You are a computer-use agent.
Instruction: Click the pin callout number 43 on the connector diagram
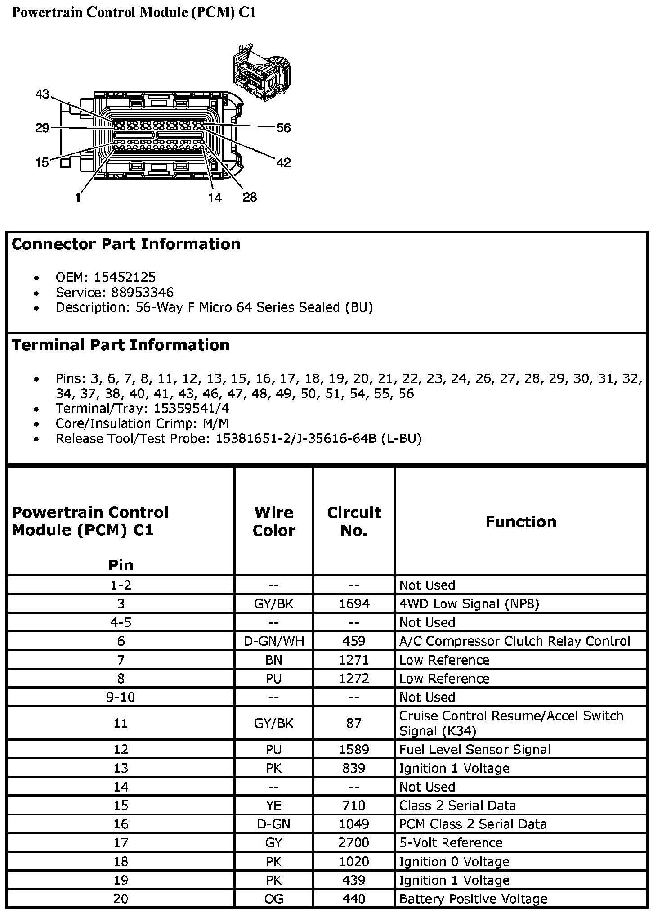point(42,94)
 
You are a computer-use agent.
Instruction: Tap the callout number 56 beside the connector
point(284,128)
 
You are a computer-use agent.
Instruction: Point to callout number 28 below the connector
point(250,197)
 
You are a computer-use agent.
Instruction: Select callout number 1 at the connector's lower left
point(78,197)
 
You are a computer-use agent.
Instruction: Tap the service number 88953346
point(142,292)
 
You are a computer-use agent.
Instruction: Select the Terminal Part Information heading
point(121,345)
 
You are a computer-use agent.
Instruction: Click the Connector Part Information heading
point(126,244)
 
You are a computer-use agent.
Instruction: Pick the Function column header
point(521,522)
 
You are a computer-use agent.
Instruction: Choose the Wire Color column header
point(273,522)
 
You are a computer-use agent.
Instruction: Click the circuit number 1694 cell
point(354,603)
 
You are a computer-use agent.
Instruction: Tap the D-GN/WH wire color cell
point(273,641)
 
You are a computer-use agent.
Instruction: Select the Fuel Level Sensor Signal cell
point(474,749)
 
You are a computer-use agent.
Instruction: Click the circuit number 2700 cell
point(354,842)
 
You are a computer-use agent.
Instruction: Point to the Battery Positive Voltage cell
point(473,899)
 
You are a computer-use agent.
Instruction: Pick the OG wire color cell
point(273,899)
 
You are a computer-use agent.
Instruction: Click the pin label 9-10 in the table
point(121,697)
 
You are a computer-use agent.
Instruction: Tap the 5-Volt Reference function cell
point(451,842)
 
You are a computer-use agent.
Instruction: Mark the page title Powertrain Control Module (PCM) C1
point(134,12)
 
